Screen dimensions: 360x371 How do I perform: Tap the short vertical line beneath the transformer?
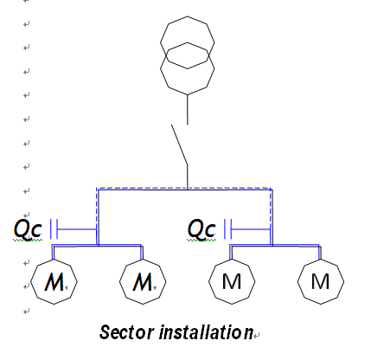[x=188, y=109]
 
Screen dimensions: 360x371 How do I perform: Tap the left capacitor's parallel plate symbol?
[x=54, y=228]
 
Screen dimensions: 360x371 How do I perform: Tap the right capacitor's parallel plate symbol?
[x=228, y=228]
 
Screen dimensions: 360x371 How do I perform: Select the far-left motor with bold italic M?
[x=54, y=281]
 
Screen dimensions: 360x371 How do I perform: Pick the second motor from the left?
[x=142, y=281]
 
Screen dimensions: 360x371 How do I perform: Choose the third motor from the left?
[x=232, y=281]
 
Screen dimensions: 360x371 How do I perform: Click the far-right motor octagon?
[x=320, y=281]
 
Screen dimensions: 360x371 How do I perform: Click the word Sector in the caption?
[x=123, y=332]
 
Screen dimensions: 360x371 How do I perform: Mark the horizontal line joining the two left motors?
[x=97, y=246]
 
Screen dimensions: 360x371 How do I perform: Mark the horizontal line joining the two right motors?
[x=275, y=246]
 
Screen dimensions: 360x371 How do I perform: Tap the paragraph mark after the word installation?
[x=257, y=334]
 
